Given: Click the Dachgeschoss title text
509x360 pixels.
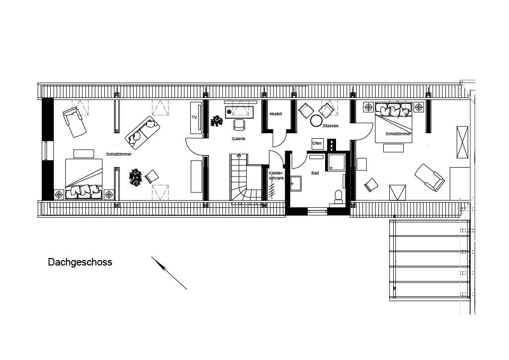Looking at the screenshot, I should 80,262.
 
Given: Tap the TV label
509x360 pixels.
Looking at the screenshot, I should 194,117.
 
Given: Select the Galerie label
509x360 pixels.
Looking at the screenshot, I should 239,139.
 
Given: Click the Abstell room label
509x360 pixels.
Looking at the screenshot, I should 275,114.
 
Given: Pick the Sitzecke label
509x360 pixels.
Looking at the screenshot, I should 330,126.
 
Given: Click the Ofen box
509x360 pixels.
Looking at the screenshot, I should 317,143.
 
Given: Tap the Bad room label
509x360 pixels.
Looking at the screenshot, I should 315,173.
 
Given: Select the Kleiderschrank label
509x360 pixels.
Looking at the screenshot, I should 276,176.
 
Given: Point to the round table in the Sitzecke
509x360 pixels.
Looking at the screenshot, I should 316,120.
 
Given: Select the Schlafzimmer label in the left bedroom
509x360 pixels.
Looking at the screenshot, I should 118,154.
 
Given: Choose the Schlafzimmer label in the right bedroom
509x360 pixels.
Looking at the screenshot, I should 398,134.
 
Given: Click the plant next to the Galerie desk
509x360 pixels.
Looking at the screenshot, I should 216,120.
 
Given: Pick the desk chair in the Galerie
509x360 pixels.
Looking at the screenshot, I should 240,124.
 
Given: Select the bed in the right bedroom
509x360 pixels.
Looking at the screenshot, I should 394,122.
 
